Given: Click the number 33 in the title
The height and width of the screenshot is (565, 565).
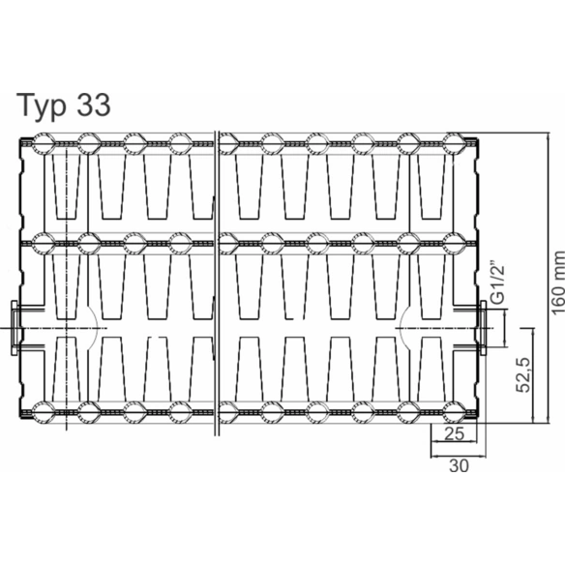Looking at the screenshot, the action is coord(93,104).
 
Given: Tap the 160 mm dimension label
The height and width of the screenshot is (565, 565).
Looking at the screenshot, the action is coord(558,282).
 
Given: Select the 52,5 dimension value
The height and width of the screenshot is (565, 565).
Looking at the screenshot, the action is coord(523,374).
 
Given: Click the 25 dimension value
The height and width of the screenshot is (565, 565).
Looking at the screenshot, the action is coord(454,433).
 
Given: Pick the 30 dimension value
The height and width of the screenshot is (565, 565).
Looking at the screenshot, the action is coord(459,465).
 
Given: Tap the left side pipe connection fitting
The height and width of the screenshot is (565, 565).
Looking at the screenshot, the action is coord(15,328).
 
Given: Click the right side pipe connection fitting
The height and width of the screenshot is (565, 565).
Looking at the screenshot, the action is coord(483,328).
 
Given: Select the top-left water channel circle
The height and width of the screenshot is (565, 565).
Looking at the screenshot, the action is coord(44,143).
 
